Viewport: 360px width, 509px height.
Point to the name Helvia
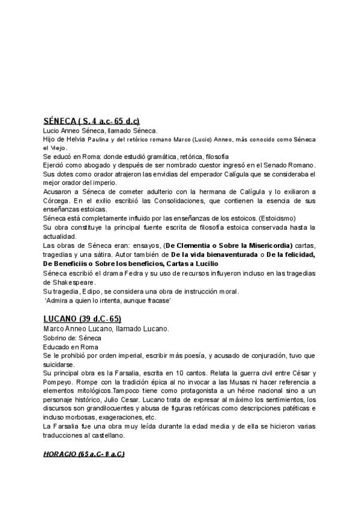[75, 139]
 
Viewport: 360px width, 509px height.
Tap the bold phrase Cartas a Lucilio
[187, 264]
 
